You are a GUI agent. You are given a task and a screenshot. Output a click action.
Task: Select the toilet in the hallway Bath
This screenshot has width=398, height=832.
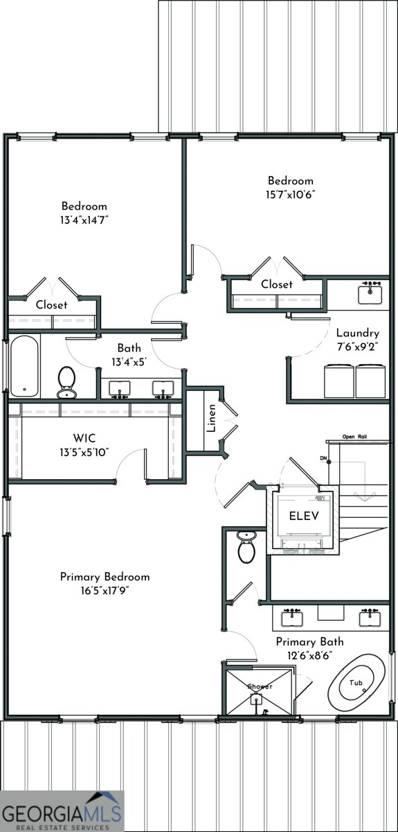(x=66, y=383)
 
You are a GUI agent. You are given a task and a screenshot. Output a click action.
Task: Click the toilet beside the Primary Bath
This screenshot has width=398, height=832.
(x=246, y=546)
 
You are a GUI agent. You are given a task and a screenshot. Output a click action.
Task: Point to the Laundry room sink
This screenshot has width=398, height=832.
(x=370, y=294)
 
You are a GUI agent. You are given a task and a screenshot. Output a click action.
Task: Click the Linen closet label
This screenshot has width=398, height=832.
(x=212, y=422)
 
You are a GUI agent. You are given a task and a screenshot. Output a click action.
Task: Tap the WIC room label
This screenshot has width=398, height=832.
(x=84, y=438)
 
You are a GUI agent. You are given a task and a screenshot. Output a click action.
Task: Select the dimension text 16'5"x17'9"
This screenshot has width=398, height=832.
(x=105, y=590)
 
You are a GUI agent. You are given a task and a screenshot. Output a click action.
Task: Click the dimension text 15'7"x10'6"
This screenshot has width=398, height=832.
(x=291, y=194)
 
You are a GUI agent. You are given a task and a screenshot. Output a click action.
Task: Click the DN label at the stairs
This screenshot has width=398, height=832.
(x=323, y=458)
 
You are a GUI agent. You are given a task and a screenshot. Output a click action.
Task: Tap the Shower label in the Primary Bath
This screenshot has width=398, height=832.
(x=260, y=686)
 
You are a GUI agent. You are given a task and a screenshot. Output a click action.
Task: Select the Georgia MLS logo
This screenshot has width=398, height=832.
(x=62, y=809)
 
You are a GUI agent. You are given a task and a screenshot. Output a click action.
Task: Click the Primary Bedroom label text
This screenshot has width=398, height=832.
(x=105, y=577)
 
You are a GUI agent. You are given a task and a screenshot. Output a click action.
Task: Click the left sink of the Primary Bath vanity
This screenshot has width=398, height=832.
(x=292, y=614)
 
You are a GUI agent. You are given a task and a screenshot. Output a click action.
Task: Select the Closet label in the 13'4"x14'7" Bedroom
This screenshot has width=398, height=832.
(x=51, y=304)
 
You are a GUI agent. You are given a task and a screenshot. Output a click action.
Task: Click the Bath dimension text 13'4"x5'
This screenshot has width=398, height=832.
(x=129, y=361)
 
